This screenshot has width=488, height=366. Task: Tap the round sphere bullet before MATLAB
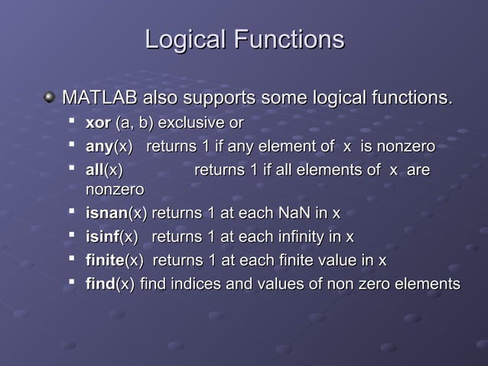click(50, 98)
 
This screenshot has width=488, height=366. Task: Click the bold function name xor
click(98, 123)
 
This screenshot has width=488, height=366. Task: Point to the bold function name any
click(99, 146)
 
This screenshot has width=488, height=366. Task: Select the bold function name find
click(99, 284)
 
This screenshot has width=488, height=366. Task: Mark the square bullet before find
click(73, 283)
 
